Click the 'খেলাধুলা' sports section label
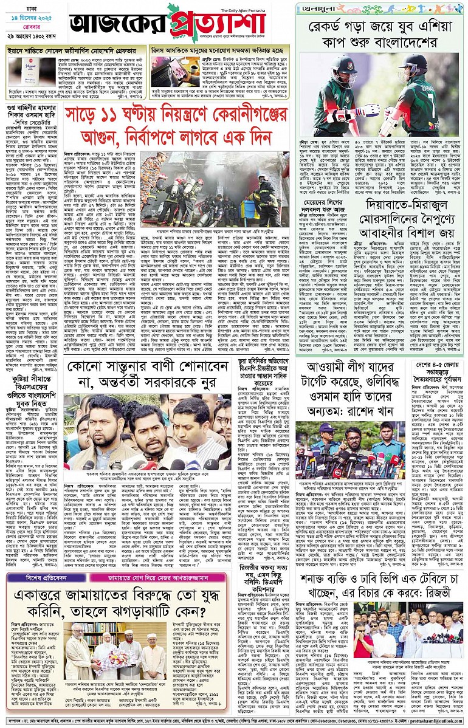click(x=316, y=8)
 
